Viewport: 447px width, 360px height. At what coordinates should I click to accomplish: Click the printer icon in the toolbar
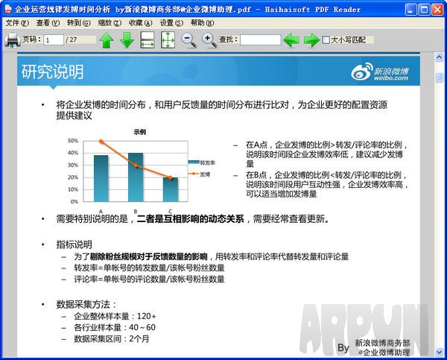tap(12, 40)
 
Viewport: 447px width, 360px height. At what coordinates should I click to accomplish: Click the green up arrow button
tap(107, 40)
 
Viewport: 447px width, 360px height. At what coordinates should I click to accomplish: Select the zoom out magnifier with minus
tap(189, 40)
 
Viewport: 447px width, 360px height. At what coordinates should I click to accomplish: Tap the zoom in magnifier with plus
tap(209, 40)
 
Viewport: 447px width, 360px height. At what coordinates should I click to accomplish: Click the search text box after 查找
tap(261, 40)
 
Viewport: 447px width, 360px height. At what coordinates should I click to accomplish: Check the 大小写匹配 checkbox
tap(326, 40)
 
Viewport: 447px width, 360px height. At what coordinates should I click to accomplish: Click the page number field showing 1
tap(54, 40)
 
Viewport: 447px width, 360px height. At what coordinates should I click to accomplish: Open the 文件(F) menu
tap(16, 23)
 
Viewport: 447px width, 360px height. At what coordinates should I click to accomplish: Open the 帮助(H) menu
tap(202, 23)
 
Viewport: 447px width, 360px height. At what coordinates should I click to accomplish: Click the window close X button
tap(437, 9)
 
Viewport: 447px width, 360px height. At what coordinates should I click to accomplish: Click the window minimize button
tap(406, 9)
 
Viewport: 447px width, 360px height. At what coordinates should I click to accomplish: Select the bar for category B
tap(136, 177)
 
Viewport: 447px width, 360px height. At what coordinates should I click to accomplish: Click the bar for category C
tap(170, 189)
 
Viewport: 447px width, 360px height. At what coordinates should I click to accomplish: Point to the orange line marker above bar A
tap(101, 141)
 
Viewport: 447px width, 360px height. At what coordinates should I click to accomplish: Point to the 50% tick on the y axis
tap(73, 140)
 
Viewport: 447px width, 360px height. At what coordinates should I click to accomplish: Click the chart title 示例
tap(140, 131)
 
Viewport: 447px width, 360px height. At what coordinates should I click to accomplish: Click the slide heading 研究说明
tap(52, 72)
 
